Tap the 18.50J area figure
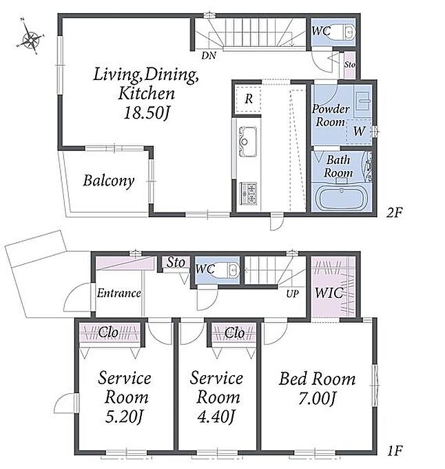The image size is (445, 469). click(x=147, y=112)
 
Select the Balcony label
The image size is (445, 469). click(x=109, y=181)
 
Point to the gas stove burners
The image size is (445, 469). click(x=249, y=194)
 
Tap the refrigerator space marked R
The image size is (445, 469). click(x=248, y=99)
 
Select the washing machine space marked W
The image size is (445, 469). click(x=359, y=131)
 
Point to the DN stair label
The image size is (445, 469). click(x=209, y=55)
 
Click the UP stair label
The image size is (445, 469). click(x=292, y=294)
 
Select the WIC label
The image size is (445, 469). click(x=329, y=293)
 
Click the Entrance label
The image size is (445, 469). click(x=119, y=293)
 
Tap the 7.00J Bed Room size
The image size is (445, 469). click(x=317, y=399)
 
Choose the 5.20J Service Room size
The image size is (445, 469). click(x=124, y=417)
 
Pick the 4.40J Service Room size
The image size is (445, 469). click(x=216, y=417)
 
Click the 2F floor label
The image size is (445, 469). click(x=394, y=212)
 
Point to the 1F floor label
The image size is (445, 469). click(x=395, y=450)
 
